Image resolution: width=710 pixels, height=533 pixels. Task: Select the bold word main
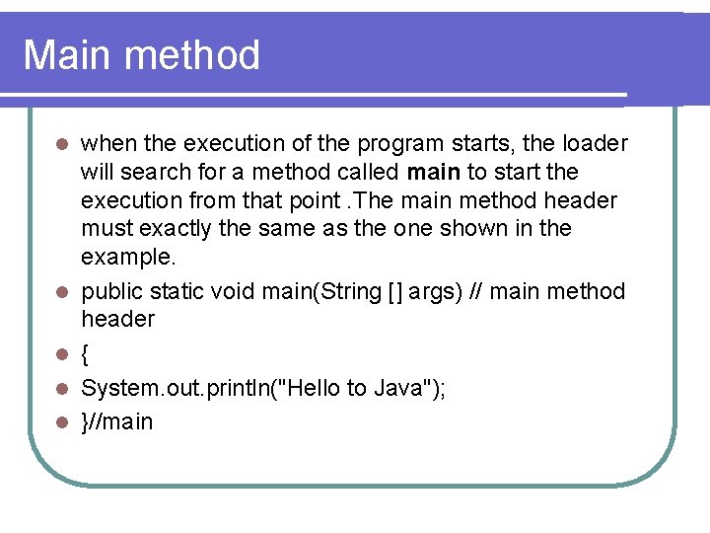pos(433,173)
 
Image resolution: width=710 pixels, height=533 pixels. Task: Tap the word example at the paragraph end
pos(126,257)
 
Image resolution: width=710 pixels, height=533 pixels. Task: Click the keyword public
pos(111,291)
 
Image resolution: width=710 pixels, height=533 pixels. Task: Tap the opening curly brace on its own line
pos(86,353)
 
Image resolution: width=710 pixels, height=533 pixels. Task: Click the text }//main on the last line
pos(116,422)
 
